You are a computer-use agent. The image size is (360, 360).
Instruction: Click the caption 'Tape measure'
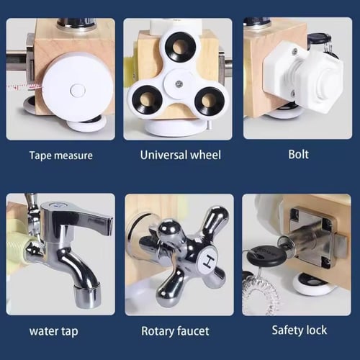pos(61,156)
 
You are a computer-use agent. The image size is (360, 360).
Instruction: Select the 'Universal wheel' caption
pos(181,155)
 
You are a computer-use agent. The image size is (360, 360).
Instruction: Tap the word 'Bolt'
pos(298,154)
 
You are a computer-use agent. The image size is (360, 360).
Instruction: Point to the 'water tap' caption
pos(54,331)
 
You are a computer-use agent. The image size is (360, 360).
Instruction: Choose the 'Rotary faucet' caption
pos(175,331)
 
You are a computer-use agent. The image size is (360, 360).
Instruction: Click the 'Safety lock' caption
pos(300,330)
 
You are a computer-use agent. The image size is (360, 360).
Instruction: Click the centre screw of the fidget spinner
pos(179,84)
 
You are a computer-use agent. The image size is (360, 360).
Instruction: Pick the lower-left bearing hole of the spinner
pos(147,99)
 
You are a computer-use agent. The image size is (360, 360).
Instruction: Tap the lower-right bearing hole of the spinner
pos(209,100)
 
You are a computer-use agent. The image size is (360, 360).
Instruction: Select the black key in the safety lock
pos(266,256)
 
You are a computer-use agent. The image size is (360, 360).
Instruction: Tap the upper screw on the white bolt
pos(295,51)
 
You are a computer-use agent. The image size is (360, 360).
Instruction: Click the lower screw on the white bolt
pos(293,92)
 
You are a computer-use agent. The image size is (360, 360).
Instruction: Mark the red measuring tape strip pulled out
pos(24,87)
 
